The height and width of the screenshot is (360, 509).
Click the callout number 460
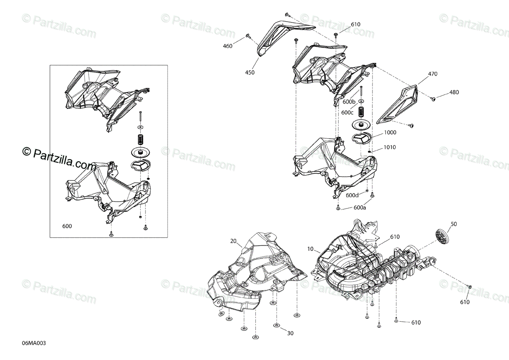[227, 46]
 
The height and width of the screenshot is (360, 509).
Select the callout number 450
[250, 73]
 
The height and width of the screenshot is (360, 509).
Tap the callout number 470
[432, 74]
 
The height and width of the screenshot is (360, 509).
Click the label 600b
[349, 102]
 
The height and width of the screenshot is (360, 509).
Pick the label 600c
[347, 112]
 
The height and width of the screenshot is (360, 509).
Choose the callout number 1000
[390, 132]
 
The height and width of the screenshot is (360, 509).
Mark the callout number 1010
[390, 147]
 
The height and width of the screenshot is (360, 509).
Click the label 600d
[352, 195]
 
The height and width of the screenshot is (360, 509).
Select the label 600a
[360, 208]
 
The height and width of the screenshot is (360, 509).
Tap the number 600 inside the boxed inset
[67, 226]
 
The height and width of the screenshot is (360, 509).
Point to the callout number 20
[233, 241]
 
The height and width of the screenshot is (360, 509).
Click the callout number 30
[290, 333]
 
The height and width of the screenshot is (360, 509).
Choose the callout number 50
[454, 224]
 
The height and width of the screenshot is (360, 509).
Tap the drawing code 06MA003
[34, 343]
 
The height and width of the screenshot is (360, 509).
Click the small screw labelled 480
[433, 99]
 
